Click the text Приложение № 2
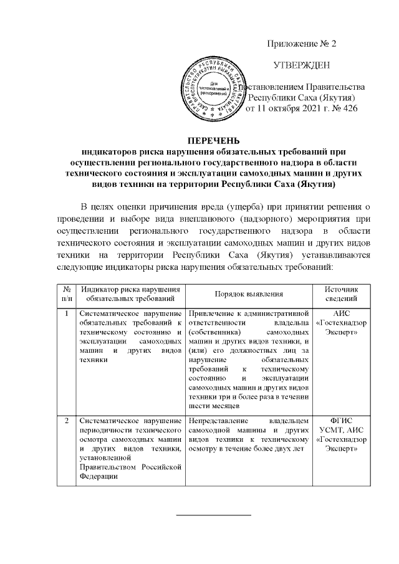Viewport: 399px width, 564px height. pos(301,44)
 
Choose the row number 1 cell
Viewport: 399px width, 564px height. pos(65,313)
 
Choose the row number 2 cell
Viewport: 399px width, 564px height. pos(65,421)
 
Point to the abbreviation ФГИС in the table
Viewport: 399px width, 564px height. pos(342,421)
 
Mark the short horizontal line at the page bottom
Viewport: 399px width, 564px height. pos(214,515)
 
